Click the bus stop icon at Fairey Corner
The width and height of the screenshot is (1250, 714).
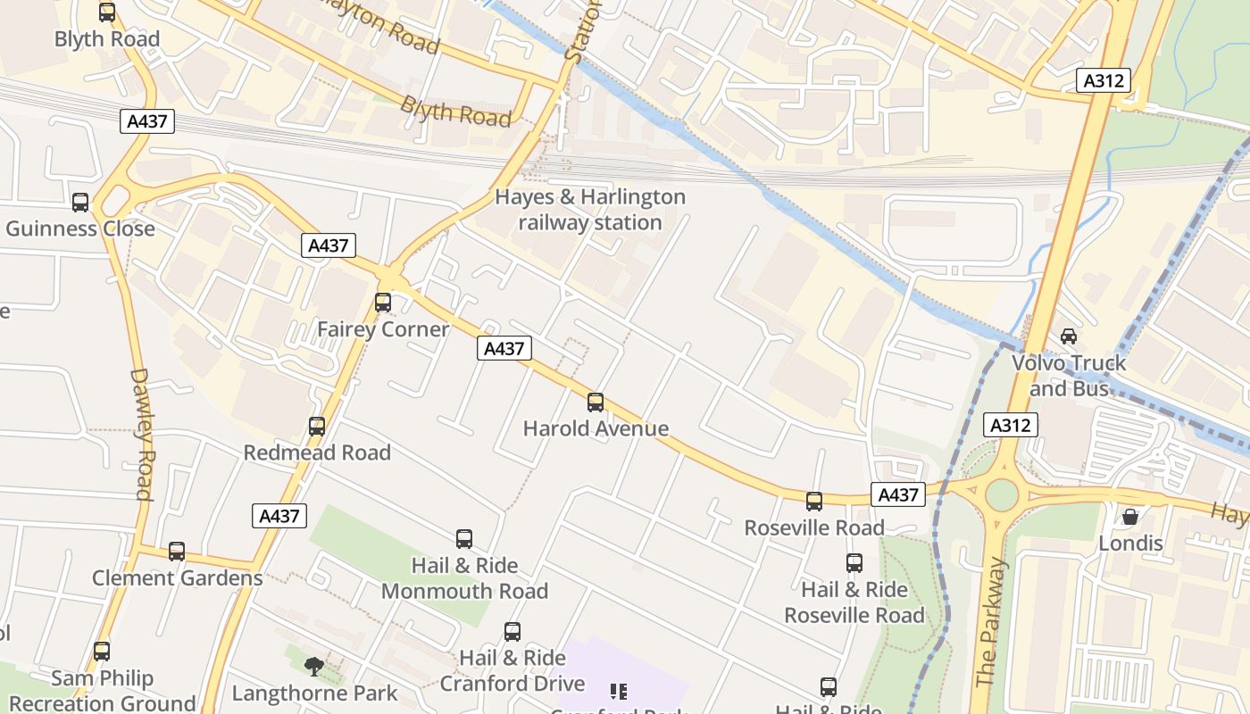pos(383,303)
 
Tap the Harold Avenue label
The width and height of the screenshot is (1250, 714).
pos(596,428)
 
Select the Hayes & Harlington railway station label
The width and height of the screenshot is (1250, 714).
pos(590,210)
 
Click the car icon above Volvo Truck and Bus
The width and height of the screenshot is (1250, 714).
pos(1068,336)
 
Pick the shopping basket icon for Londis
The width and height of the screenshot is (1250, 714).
pos(1130,517)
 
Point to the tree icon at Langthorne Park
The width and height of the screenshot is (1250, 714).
pos(313,666)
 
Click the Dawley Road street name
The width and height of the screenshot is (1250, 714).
pos(143,434)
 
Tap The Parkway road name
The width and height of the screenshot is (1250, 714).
pos(991,623)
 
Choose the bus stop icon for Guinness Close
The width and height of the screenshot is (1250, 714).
pos(80,203)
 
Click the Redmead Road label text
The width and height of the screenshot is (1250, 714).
pos(317,452)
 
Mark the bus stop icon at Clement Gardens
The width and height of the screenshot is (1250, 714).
pos(177,552)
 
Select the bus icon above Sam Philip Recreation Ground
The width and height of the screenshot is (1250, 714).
pos(102,652)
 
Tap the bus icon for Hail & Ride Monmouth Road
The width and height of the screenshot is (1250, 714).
pos(464,539)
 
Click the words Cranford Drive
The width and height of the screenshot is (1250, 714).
pos(512,684)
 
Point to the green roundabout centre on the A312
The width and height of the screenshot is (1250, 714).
pos(1002,494)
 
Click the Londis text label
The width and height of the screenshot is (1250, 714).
pos(1130,544)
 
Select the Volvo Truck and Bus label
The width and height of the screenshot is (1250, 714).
pos(1069,376)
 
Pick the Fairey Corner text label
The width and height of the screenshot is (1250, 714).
pos(383,329)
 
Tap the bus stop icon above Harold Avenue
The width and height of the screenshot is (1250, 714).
pos(596,403)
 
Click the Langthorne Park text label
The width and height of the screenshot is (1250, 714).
pos(314,693)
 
